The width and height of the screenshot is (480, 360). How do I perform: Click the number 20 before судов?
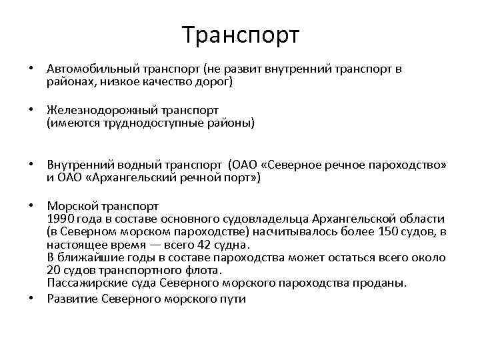(x=54, y=270)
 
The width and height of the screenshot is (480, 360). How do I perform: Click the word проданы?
(x=382, y=283)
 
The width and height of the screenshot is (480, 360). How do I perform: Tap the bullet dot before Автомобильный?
(x=31, y=69)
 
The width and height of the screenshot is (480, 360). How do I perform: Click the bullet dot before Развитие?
(x=31, y=299)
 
